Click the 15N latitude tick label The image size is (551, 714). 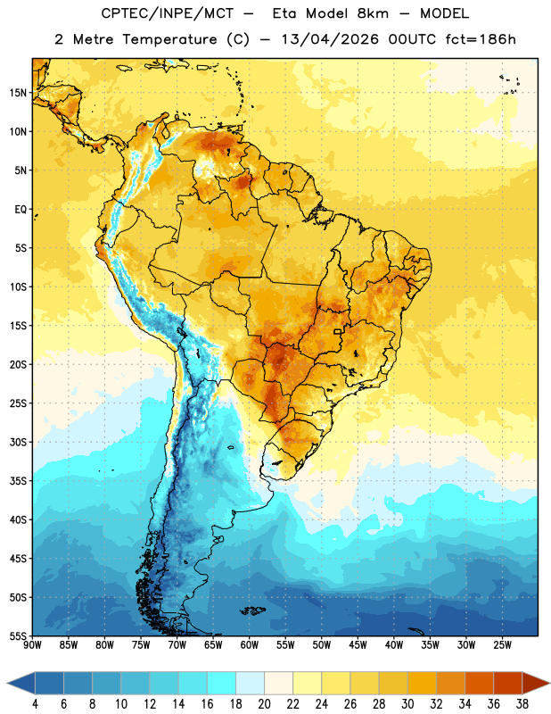point(18,93)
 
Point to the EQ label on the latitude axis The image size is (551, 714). point(21,210)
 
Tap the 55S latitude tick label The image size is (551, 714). point(18,635)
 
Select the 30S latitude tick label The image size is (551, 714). point(18,442)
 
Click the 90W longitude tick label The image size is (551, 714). point(32,645)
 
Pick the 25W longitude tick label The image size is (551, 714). point(502,645)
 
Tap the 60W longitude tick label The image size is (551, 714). point(250,645)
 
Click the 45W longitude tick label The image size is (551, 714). point(358,645)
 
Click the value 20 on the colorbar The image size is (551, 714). point(264,704)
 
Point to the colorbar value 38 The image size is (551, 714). point(522,704)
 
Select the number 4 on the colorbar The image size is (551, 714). point(35,704)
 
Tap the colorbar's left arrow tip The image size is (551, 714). point(7,683)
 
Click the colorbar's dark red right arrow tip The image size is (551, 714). point(549,683)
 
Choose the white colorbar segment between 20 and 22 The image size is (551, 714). point(278,683)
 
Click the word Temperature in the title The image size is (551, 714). point(169,39)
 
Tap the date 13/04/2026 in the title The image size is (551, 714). point(330,39)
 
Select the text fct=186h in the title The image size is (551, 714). point(480,39)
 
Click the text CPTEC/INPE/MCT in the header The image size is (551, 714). point(167,13)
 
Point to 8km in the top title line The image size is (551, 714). point(373,13)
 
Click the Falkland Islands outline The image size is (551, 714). point(253,610)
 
